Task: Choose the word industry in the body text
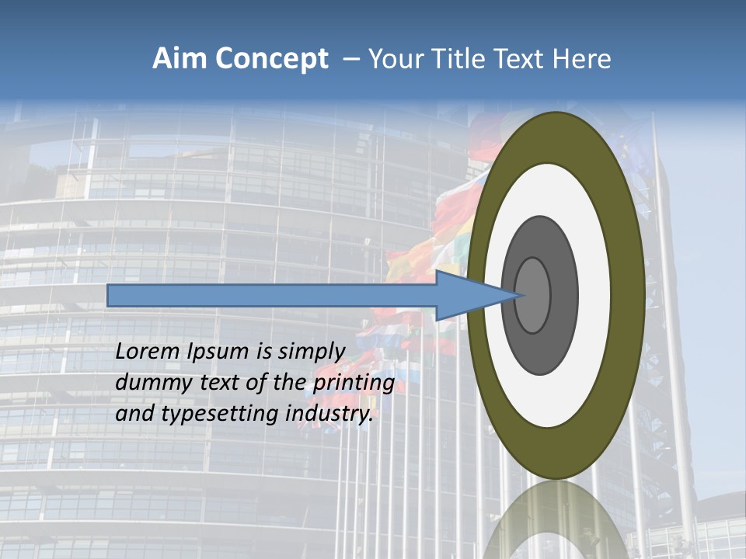coord(329,415)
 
